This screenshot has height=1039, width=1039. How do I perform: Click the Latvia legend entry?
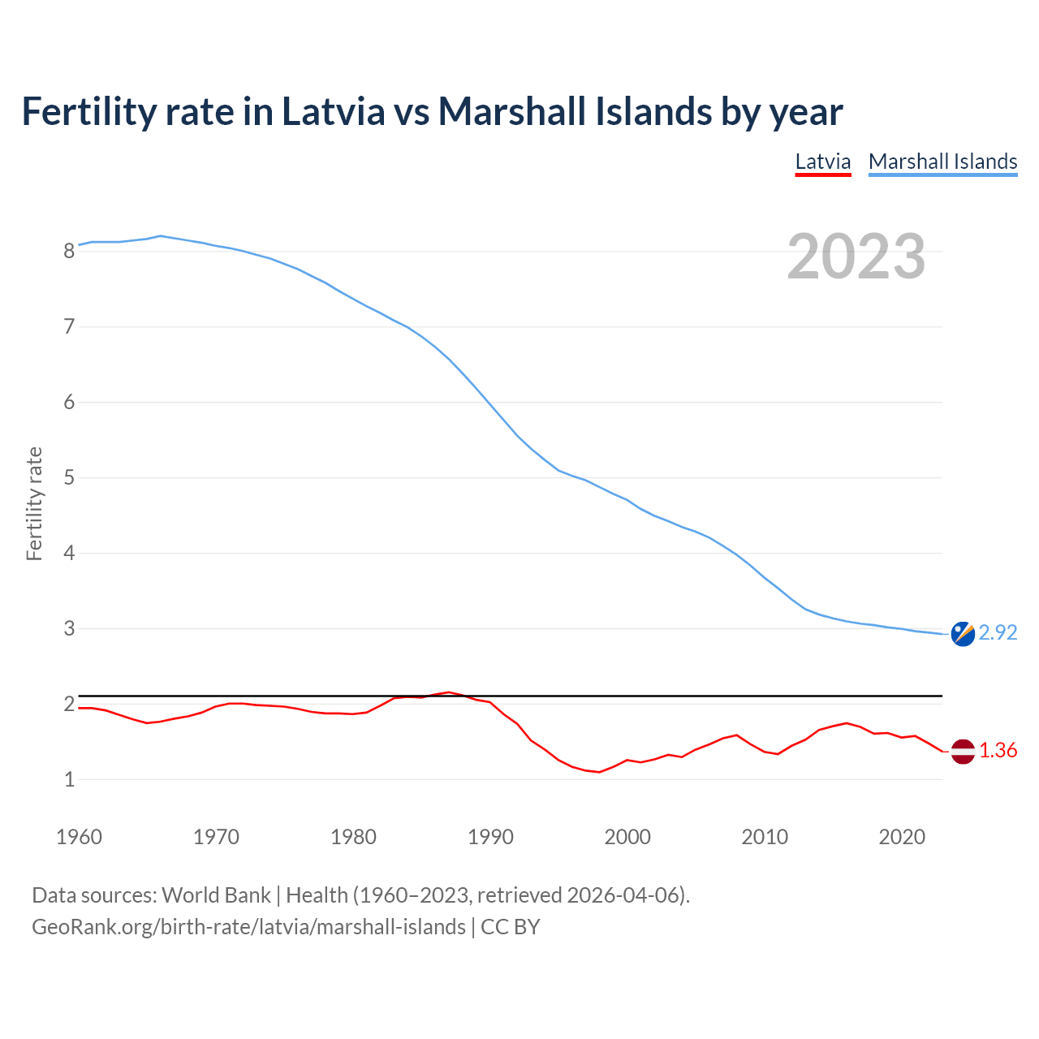coord(822,162)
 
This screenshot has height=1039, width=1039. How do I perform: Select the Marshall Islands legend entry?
coord(942,162)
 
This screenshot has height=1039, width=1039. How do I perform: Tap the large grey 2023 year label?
coord(856,257)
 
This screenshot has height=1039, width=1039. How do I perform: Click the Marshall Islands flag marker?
coord(963,634)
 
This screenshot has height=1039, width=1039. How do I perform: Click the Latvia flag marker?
coord(963,752)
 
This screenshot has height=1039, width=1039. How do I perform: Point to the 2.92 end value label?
coord(998,633)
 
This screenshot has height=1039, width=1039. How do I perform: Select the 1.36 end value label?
coord(998,751)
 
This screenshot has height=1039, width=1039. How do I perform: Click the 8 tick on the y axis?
coord(69,252)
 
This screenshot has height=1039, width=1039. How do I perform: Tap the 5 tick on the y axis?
coord(69,478)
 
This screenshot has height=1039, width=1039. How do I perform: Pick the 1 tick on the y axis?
coord(69,780)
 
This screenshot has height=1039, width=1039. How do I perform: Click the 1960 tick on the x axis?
coord(79,837)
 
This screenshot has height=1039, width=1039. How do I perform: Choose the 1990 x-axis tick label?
coord(490,837)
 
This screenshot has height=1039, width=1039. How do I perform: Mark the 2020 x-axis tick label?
coord(902,837)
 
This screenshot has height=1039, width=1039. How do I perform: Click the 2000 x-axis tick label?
coord(627,837)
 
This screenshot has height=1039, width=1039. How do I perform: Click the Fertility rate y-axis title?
coord(34,503)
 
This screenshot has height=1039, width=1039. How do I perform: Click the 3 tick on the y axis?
coord(69,629)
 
